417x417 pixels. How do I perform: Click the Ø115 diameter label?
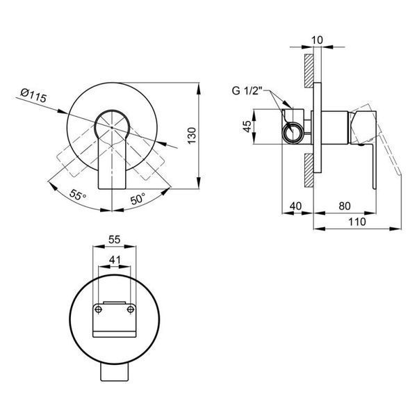coord(33,95)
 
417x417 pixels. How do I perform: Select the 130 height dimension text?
coord(192,136)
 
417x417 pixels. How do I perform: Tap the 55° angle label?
coord(78,195)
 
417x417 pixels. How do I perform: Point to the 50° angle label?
coord(138,198)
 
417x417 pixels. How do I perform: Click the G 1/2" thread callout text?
coord(247,90)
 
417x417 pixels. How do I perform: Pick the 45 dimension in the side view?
coord(247,126)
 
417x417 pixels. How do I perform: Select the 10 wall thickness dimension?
coord(317,40)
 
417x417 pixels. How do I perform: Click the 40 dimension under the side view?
coord(295,206)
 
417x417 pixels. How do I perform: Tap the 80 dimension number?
coord(345,206)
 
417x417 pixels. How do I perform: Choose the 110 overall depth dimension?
coord(357,221)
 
